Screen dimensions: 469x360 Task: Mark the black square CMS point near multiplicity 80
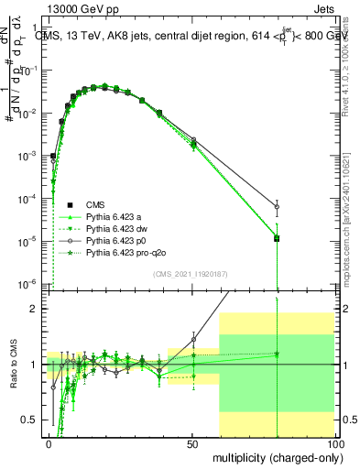click(277, 238)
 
